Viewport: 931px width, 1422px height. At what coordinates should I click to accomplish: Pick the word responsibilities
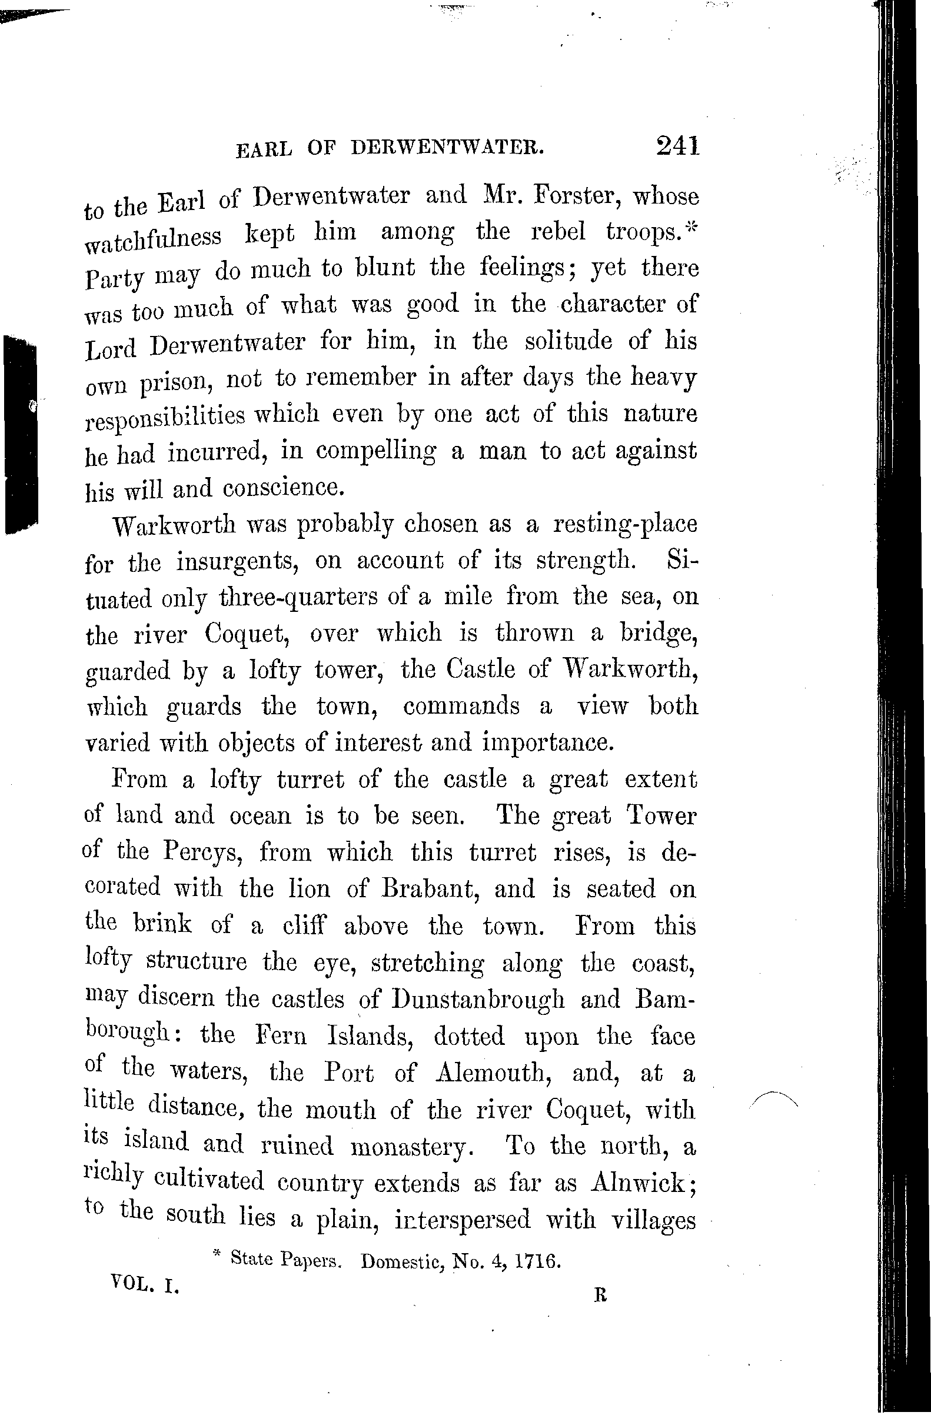coord(165,417)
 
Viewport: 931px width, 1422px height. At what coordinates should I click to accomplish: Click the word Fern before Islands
coord(280,1035)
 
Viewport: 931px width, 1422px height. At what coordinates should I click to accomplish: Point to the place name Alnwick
coord(641,1183)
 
